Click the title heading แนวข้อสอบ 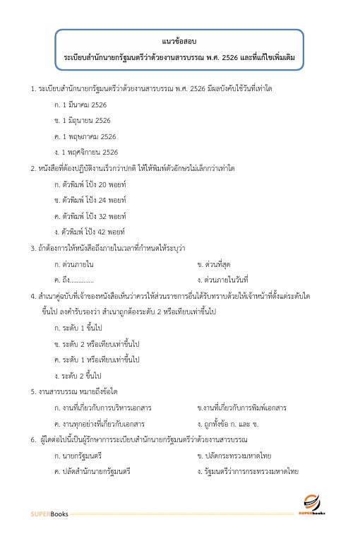tap(179, 40)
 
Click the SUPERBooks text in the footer tap(49, 514)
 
